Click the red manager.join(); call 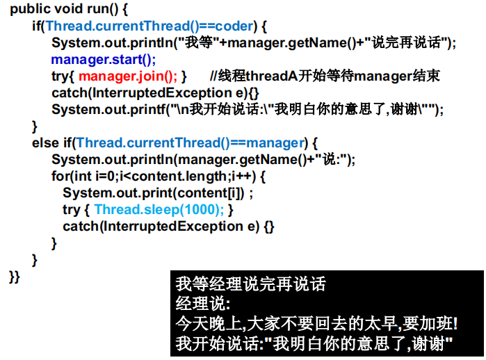(128, 76)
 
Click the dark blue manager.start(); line (104, 59)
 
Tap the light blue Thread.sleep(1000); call (159, 209)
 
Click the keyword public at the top (29, 10)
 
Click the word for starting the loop (60, 177)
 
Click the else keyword (45, 143)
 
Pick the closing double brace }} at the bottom (15, 277)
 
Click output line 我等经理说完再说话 (250, 284)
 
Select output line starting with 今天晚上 (316, 323)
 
